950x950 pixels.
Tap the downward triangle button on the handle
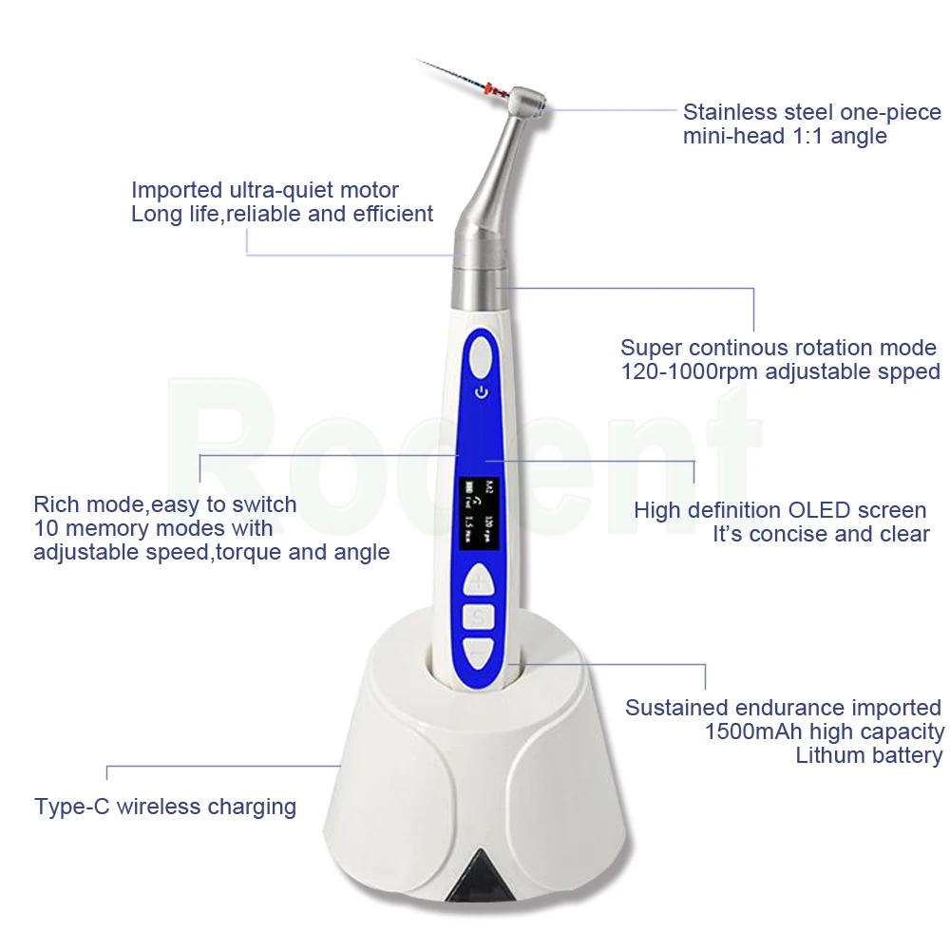(x=479, y=653)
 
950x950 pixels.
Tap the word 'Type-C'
(x=72, y=807)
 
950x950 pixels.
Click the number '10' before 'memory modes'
(x=45, y=528)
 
